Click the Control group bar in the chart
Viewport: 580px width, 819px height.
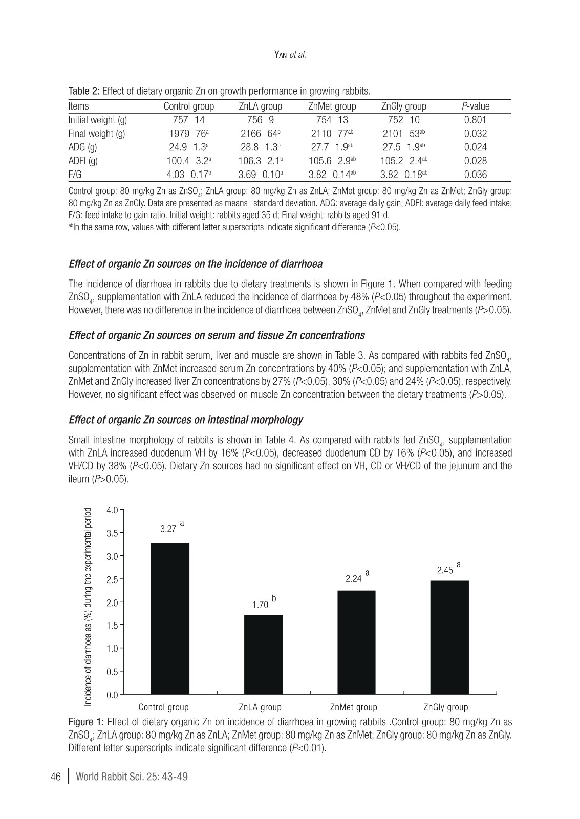click(x=170, y=618)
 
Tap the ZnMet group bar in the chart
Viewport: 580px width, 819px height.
click(x=356, y=642)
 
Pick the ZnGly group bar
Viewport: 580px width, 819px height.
click(x=449, y=637)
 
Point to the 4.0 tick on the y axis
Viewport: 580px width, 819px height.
click(x=112, y=510)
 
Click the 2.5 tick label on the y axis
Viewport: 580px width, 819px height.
click(x=112, y=579)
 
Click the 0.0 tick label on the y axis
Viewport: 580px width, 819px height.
click(x=112, y=695)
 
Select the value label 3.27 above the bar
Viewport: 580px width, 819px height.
click(x=168, y=529)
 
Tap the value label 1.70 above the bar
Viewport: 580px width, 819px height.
click(x=261, y=605)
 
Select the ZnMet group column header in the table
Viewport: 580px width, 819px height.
click(x=332, y=106)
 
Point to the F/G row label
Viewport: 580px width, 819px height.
click(x=75, y=175)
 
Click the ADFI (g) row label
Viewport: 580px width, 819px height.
click(x=83, y=161)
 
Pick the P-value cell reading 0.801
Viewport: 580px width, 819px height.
click(x=475, y=120)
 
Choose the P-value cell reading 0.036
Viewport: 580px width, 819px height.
click(x=475, y=175)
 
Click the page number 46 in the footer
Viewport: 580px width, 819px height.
click(x=56, y=777)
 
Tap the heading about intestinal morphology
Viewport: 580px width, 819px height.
click(x=186, y=420)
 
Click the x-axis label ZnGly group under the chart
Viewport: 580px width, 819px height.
click(x=445, y=707)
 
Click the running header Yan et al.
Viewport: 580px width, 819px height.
click(x=290, y=55)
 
